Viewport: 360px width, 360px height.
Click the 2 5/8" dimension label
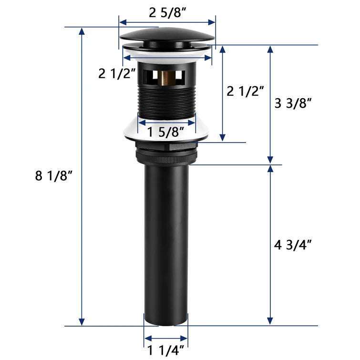(x=167, y=13)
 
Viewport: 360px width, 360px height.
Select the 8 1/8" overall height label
(x=53, y=176)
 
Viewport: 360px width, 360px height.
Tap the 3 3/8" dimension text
(x=293, y=103)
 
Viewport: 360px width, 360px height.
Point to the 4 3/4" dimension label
(x=293, y=245)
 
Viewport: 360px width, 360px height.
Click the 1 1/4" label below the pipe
(x=166, y=351)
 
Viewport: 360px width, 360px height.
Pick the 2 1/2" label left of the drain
(x=117, y=73)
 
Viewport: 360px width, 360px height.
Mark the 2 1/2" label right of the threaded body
(x=245, y=91)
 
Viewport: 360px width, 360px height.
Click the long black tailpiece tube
(x=166, y=238)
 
